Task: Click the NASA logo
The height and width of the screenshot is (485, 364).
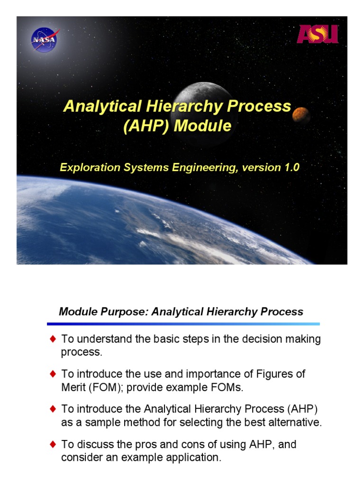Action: [44, 40]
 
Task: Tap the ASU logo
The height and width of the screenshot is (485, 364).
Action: [318, 34]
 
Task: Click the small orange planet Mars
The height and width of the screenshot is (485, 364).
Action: [300, 114]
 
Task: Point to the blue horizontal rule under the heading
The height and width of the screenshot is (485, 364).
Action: [183, 324]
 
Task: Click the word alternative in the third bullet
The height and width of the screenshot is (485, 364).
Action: [297, 423]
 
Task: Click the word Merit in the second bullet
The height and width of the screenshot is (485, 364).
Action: [72, 387]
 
